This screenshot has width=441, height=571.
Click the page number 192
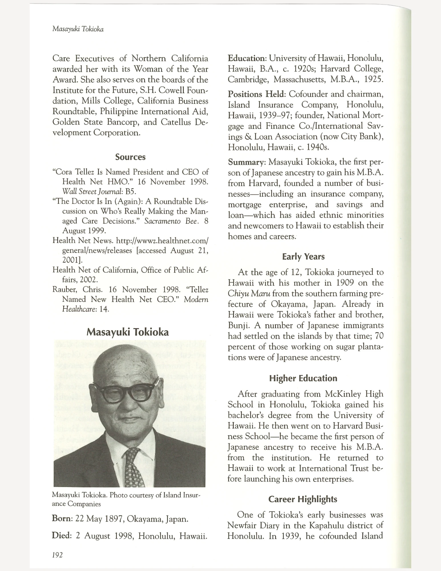[x=57, y=555]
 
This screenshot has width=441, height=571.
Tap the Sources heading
[x=130, y=157]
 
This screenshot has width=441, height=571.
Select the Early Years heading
[x=303, y=257]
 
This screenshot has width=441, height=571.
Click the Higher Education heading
[x=303, y=378]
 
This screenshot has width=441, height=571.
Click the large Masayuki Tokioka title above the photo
[x=128, y=332]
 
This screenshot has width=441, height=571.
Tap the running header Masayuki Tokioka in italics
[x=78, y=29]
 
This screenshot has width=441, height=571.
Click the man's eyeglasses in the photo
[x=126, y=393]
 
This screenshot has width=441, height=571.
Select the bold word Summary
[x=247, y=162]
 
